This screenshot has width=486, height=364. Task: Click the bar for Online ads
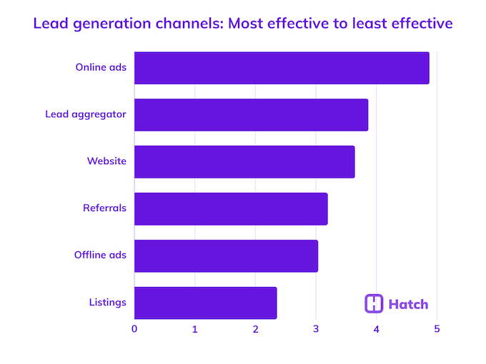[x=282, y=68]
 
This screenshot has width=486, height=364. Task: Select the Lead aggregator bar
[x=251, y=115]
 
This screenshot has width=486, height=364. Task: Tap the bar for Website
[x=244, y=161]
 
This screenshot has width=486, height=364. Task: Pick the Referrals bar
[x=231, y=208]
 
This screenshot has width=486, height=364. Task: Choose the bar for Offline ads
[x=226, y=256]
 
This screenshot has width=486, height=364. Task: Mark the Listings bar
[x=205, y=303]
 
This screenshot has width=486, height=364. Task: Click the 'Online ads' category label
[x=101, y=68]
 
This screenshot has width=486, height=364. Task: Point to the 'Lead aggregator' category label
[x=86, y=114]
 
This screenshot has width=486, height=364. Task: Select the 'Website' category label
[x=106, y=161]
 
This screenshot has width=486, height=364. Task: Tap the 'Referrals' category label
[x=104, y=208]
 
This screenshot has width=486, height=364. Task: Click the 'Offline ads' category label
[x=100, y=256]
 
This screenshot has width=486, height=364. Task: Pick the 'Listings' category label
[x=107, y=303]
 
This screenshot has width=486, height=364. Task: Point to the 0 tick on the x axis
[x=134, y=329]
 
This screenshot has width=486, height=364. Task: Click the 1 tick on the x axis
[x=195, y=329]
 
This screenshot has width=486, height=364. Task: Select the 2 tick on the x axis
[x=255, y=329]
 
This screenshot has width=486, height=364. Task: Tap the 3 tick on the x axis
[x=316, y=329]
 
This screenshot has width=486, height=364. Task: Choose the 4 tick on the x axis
[x=376, y=329]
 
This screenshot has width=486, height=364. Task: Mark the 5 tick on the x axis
[x=437, y=329]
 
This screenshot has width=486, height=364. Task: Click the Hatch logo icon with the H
[x=374, y=303]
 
